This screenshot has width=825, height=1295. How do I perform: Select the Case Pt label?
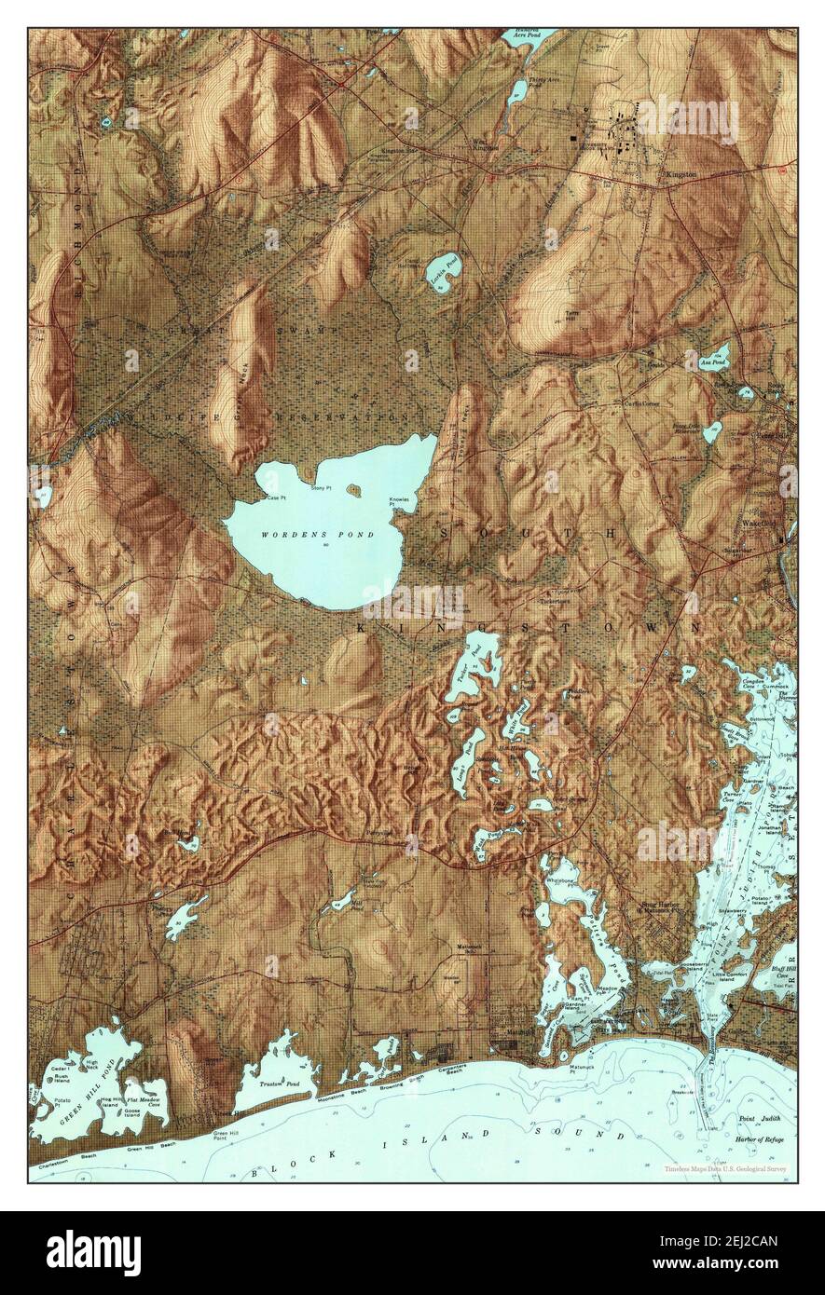coord(275,498)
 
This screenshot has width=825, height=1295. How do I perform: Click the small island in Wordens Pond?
coord(353,487)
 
